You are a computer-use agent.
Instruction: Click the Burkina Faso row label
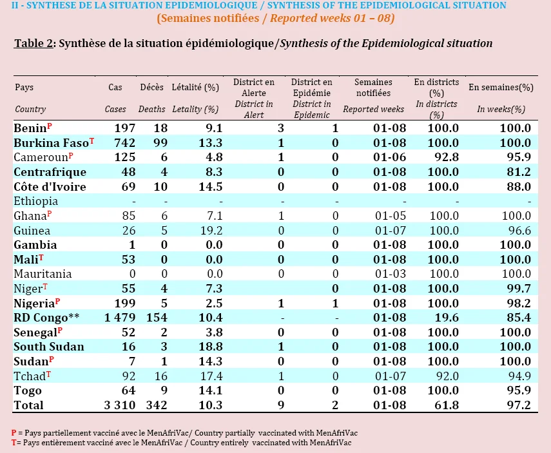(x=52, y=142)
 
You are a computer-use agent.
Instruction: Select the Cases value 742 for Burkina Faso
(x=124, y=142)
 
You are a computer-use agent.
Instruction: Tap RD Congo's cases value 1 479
(x=120, y=317)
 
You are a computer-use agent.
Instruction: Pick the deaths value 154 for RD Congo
(x=157, y=317)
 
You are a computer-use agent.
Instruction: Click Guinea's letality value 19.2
(x=211, y=230)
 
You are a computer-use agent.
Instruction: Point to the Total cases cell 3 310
(x=120, y=405)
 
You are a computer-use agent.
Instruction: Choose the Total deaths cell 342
(x=157, y=405)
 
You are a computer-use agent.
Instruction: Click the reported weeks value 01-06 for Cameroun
(x=389, y=157)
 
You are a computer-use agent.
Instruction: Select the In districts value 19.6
(x=447, y=317)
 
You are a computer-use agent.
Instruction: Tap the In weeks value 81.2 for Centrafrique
(x=519, y=172)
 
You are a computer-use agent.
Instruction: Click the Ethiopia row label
(x=36, y=201)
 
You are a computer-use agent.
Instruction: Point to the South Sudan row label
(x=49, y=347)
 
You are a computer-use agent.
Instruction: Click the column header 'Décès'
(x=152, y=87)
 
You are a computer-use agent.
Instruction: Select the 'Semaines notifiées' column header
(x=373, y=88)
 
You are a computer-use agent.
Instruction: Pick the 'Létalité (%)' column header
(x=195, y=87)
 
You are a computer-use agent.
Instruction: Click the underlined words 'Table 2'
(x=34, y=43)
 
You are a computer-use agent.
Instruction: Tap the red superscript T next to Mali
(x=41, y=257)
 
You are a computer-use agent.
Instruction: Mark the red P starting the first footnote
(x=14, y=432)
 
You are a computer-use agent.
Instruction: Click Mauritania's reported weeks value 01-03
(x=390, y=274)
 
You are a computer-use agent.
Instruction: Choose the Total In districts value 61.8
(x=447, y=405)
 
